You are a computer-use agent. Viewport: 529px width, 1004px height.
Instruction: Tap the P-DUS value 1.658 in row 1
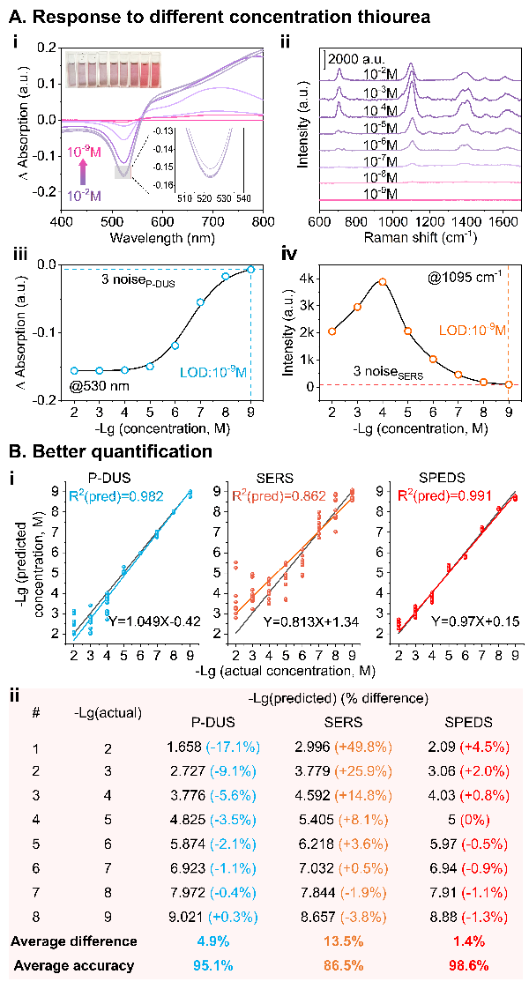click(187, 773)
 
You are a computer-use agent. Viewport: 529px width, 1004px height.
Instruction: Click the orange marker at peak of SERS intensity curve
click(383, 282)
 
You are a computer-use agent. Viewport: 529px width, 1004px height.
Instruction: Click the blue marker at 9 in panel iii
click(250, 270)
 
